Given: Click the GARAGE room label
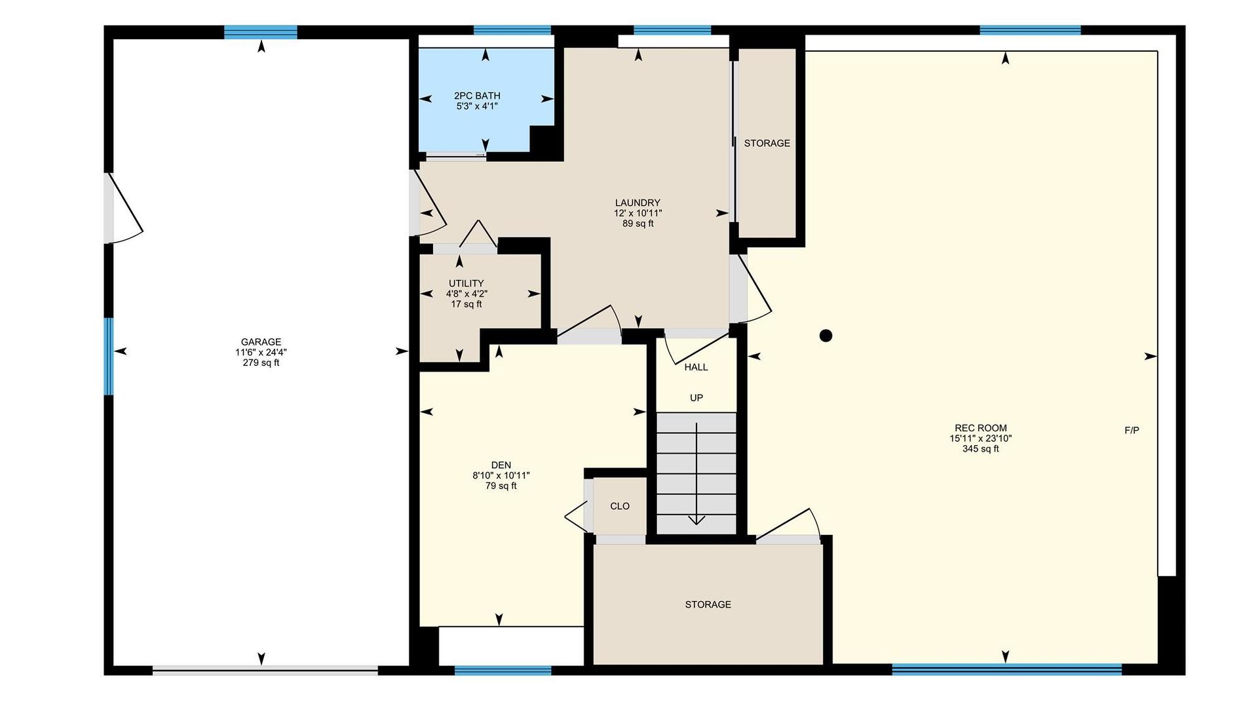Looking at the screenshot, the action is click(x=261, y=342).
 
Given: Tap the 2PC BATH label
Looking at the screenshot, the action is click(x=477, y=96).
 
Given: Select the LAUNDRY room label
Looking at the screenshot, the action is click(x=638, y=203).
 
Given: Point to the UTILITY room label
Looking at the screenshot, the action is click(x=467, y=283).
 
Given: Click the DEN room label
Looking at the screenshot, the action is click(x=501, y=465).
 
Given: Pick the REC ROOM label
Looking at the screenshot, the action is click(x=981, y=428).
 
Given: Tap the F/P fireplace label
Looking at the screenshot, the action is click(x=1132, y=431).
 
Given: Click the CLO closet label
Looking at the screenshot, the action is click(x=620, y=506).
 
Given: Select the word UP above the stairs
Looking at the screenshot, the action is click(x=696, y=398).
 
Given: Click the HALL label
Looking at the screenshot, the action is click(x=696, y=367).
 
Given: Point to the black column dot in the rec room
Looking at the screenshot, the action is click(x=826, y=336).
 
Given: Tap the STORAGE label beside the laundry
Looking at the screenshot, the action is click(x=767, y=143).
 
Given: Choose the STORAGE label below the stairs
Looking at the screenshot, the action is click(x=708, y=604).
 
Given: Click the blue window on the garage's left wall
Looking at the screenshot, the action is click(x=108, y=357).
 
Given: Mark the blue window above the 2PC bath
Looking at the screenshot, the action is click(x=512, y=30).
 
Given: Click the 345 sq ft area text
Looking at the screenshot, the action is click(x=981, y=449).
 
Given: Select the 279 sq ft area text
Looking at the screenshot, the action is click(x=261, y=363).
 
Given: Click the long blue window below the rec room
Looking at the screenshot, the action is click(x=1007, y=669).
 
